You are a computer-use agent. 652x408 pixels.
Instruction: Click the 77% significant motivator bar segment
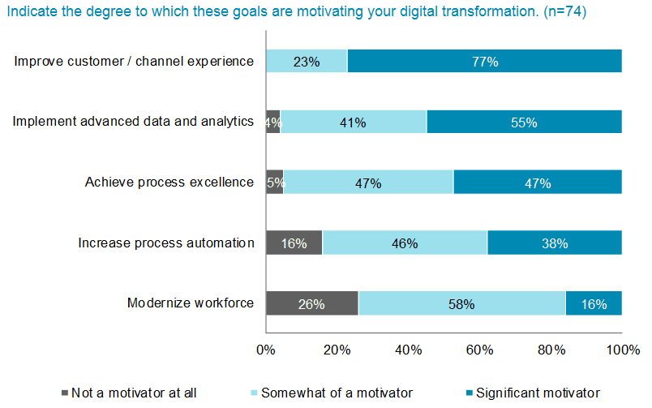[484, 62]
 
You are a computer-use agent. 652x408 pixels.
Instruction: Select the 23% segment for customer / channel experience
[307, 62]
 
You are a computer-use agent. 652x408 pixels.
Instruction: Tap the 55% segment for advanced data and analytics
[524, 122]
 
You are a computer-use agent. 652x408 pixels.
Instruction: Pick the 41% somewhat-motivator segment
[354, 122]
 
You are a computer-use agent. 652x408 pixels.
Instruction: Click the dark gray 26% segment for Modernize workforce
[311, 304]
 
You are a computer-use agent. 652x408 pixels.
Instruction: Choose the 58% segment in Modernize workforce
[461, 304]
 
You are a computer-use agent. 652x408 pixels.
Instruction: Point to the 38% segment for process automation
[555, 243]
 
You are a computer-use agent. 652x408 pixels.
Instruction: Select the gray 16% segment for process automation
[294, 243]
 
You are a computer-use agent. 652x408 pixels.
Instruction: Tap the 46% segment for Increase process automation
[405, 243]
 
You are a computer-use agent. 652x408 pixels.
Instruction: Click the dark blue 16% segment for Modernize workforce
[594, 304]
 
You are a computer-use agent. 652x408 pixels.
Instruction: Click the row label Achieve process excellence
[169, 182]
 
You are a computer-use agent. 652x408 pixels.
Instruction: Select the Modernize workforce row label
[191, 303]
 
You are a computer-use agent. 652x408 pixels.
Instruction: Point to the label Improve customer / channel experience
[135, 61]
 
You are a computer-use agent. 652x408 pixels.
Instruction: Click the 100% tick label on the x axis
[622, 350]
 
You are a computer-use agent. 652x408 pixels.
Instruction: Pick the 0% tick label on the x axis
[265, 350]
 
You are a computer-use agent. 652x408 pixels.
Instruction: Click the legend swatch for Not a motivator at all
[64, 393]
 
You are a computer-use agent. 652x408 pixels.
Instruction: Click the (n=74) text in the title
[567, 13]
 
